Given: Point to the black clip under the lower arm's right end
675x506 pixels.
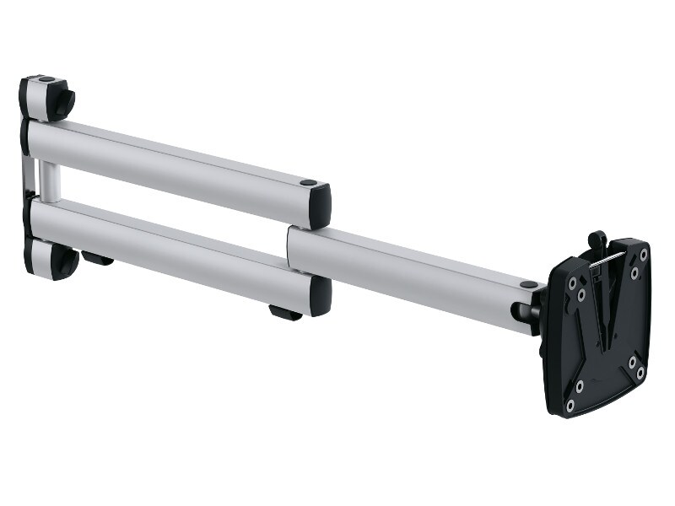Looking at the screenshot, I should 284,313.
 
